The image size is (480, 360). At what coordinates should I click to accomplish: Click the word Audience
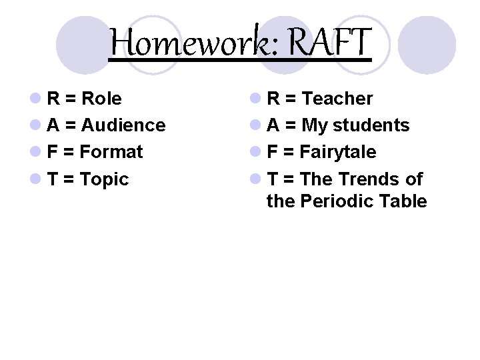[123, 125]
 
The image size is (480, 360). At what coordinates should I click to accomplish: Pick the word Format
[111, 152]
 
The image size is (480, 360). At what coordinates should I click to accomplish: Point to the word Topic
[105, 179]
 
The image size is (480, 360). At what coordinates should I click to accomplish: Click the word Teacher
[337, 99]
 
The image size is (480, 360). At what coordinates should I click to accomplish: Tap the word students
[371, 125]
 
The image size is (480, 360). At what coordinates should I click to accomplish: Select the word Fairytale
[338, 152]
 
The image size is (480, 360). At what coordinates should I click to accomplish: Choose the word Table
[403, 201]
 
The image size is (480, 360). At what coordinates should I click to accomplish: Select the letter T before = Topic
[53, 179]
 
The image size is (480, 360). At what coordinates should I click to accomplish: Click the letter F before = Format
[53, 152]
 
